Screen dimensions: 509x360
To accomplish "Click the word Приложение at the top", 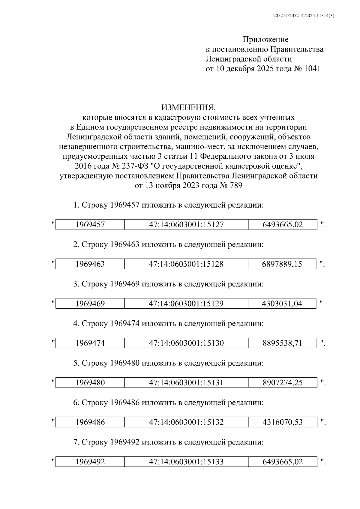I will click(x=265, y=39).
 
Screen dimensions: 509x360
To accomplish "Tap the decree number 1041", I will click(x=312, y=69).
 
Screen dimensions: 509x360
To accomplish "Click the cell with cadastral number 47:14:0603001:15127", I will click(x=186, y=225).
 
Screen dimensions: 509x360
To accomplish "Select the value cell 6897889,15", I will click(x=282, y=264).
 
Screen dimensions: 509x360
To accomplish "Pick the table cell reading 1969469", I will click(x=90, y=304).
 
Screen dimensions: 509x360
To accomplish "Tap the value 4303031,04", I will click(x=282, y=304).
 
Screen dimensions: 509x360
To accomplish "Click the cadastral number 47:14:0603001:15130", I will click(x=186, y=343).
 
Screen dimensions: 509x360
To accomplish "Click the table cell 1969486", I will click(x=90, y=422).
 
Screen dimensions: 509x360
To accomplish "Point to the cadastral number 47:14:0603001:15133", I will click(x=186, y=462).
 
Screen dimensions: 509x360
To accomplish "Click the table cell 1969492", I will click(x=90, y=462).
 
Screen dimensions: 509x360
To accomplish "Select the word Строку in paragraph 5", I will click(x=94, y=363).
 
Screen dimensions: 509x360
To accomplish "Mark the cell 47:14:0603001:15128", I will click(x=186, y=264).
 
